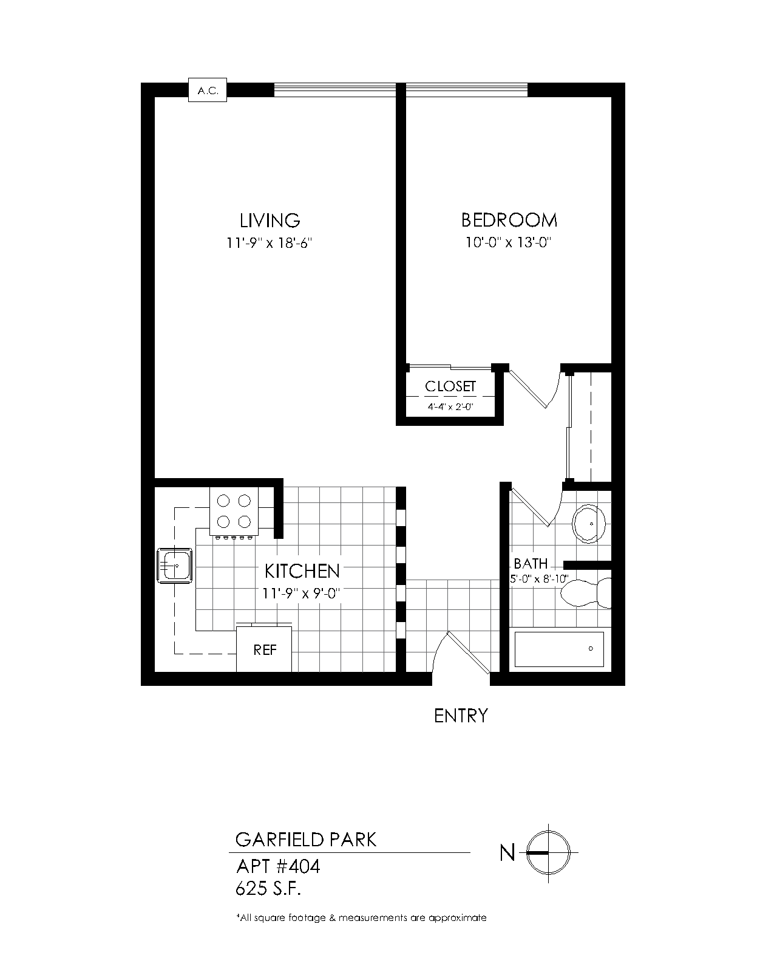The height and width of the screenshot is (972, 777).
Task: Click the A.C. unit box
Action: coord(207,90)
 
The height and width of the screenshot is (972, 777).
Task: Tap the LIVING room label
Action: coord(270,221)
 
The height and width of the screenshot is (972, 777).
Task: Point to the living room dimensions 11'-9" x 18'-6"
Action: coord(269,243)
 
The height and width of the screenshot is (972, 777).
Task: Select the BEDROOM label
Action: coord(509,221)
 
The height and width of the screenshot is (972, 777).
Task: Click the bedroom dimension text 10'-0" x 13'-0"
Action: coord(508,242)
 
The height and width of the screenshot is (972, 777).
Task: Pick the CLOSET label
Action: coord(450,386)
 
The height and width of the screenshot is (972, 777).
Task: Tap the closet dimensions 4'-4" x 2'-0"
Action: coord(450,406)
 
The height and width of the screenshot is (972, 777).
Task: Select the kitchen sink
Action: coord(174,566)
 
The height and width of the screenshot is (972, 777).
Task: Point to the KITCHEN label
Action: coord(302,572)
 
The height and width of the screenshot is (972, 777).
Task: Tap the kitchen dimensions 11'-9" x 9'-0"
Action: coord(300,593)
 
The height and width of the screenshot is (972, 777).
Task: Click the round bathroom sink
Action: coord(589,524)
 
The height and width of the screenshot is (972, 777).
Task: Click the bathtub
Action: coord(560,649)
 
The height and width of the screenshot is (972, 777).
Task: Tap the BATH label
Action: coord(531,564)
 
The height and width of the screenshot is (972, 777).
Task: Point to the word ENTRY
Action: coord(461,716)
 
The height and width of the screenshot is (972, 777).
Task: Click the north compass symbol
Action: coord(548,853)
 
